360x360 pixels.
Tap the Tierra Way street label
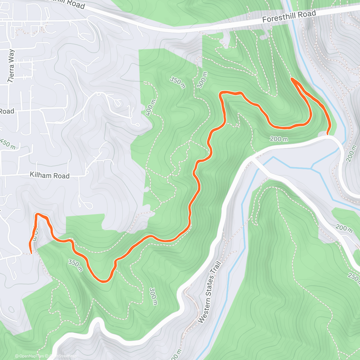(x=11, y=66)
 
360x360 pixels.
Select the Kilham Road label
(x=49, y=175)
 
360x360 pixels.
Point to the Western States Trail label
(x=210, y=292)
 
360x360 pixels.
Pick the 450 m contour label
(x=8, y=144)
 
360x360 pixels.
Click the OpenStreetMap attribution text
(x=63, y=356)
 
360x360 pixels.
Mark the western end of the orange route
(x=31, y=253)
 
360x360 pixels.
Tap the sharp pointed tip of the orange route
(x=292, y=79)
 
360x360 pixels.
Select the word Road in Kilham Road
(x=61, y=176)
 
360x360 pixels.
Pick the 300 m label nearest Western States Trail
(x=153, y=296)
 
